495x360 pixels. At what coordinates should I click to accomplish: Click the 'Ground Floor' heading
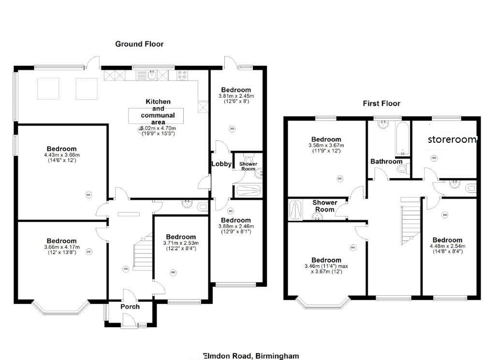pos(139,44)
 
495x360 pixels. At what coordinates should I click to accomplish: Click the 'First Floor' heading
pos(382,104)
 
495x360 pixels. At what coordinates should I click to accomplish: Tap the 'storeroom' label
pos(452,140)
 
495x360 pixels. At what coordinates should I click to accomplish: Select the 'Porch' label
pos(130,306)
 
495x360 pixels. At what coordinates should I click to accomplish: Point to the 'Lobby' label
pos(221,164)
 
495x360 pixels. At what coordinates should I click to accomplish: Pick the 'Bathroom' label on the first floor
pos(386,161)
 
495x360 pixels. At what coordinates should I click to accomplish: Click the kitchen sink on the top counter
pos(151,75)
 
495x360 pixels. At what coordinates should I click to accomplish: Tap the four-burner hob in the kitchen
pos(183,75)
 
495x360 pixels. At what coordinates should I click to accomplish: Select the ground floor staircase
pos(144,252)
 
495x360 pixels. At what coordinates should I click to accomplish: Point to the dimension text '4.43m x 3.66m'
pos(61,155)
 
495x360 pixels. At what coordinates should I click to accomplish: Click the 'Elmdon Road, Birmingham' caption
pos(251,356)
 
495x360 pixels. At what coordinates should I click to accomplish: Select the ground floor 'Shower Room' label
pos(248,166)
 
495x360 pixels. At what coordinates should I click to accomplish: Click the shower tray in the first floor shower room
pos(294,209)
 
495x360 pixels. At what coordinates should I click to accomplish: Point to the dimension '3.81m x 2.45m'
pos(236,96)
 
